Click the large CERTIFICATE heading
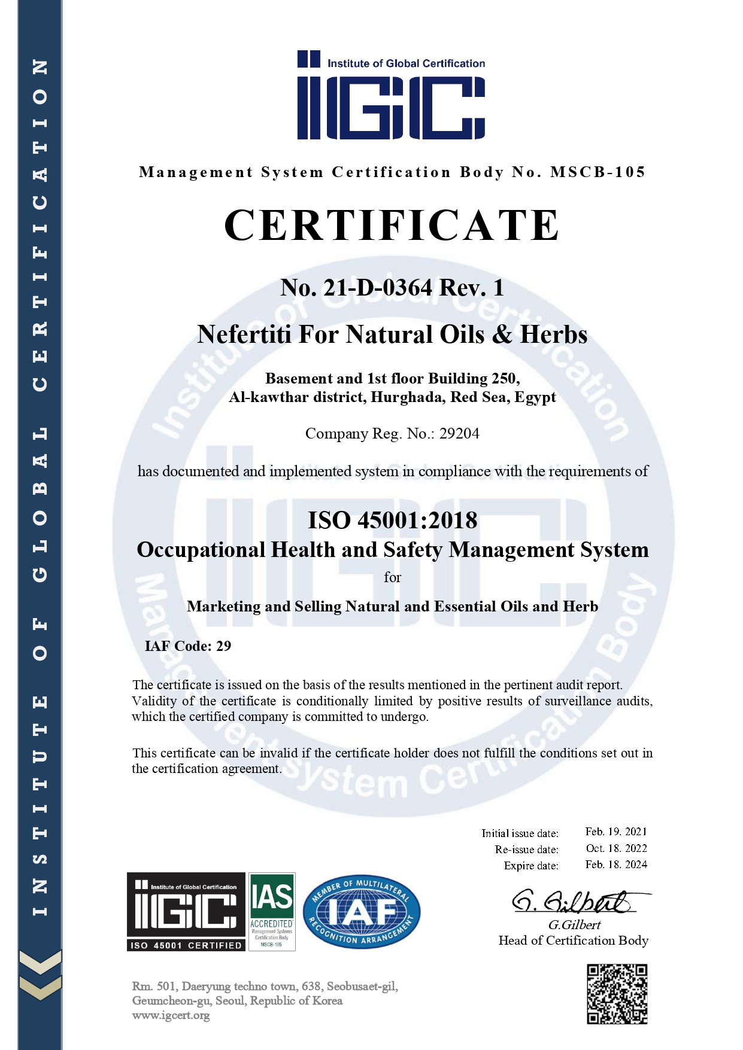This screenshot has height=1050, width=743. coord(392,226)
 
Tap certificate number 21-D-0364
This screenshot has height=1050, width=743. coord(377,288)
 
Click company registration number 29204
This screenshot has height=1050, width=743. coord(459,434)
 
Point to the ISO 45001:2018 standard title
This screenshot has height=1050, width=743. coord(392,521)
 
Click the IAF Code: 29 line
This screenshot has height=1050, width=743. coord(188,646)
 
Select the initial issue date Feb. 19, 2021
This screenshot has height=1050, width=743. coord(616,832)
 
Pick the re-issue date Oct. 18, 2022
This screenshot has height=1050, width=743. coord(616,848)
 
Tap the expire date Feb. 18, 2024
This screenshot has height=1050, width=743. coord(616,865)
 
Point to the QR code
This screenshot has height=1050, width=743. coord(617,994)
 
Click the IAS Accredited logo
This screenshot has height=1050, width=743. coord(272,911)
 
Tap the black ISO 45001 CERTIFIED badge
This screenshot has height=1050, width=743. coord(186,911)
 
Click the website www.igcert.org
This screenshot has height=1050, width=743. coord(171,1015)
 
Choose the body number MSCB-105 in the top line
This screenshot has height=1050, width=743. coord(598,172)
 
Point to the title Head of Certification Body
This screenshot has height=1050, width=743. coord(573,941)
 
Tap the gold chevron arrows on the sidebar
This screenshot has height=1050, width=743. coord(40,975)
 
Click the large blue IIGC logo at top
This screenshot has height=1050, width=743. coord(392,96)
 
